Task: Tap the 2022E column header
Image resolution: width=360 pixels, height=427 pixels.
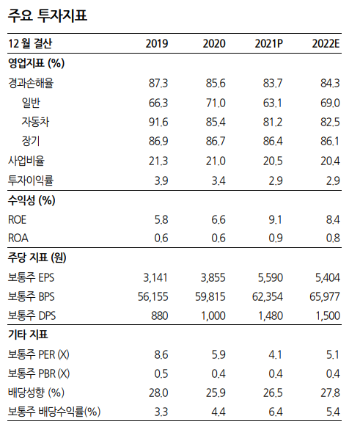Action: click(x=326, y=44)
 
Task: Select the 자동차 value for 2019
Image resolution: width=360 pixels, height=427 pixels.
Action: click(x=158, y=121)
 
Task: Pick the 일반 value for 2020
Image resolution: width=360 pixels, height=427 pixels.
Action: click(x=215, y=102)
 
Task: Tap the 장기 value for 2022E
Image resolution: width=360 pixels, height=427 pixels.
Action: click(x=329, y=140)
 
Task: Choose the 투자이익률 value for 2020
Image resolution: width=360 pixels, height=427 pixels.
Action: click(x=218, y=179)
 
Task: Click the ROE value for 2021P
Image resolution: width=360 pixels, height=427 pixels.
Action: click(x=276, y=218)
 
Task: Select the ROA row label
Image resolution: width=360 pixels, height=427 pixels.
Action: click(x=18, y=237)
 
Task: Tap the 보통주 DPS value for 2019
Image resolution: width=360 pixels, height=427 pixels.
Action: click(x=159, y=315)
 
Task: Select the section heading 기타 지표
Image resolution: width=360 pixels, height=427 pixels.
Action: click(x=29, y=335)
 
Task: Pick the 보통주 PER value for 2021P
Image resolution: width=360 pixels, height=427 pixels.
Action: click(x=276, y=354)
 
